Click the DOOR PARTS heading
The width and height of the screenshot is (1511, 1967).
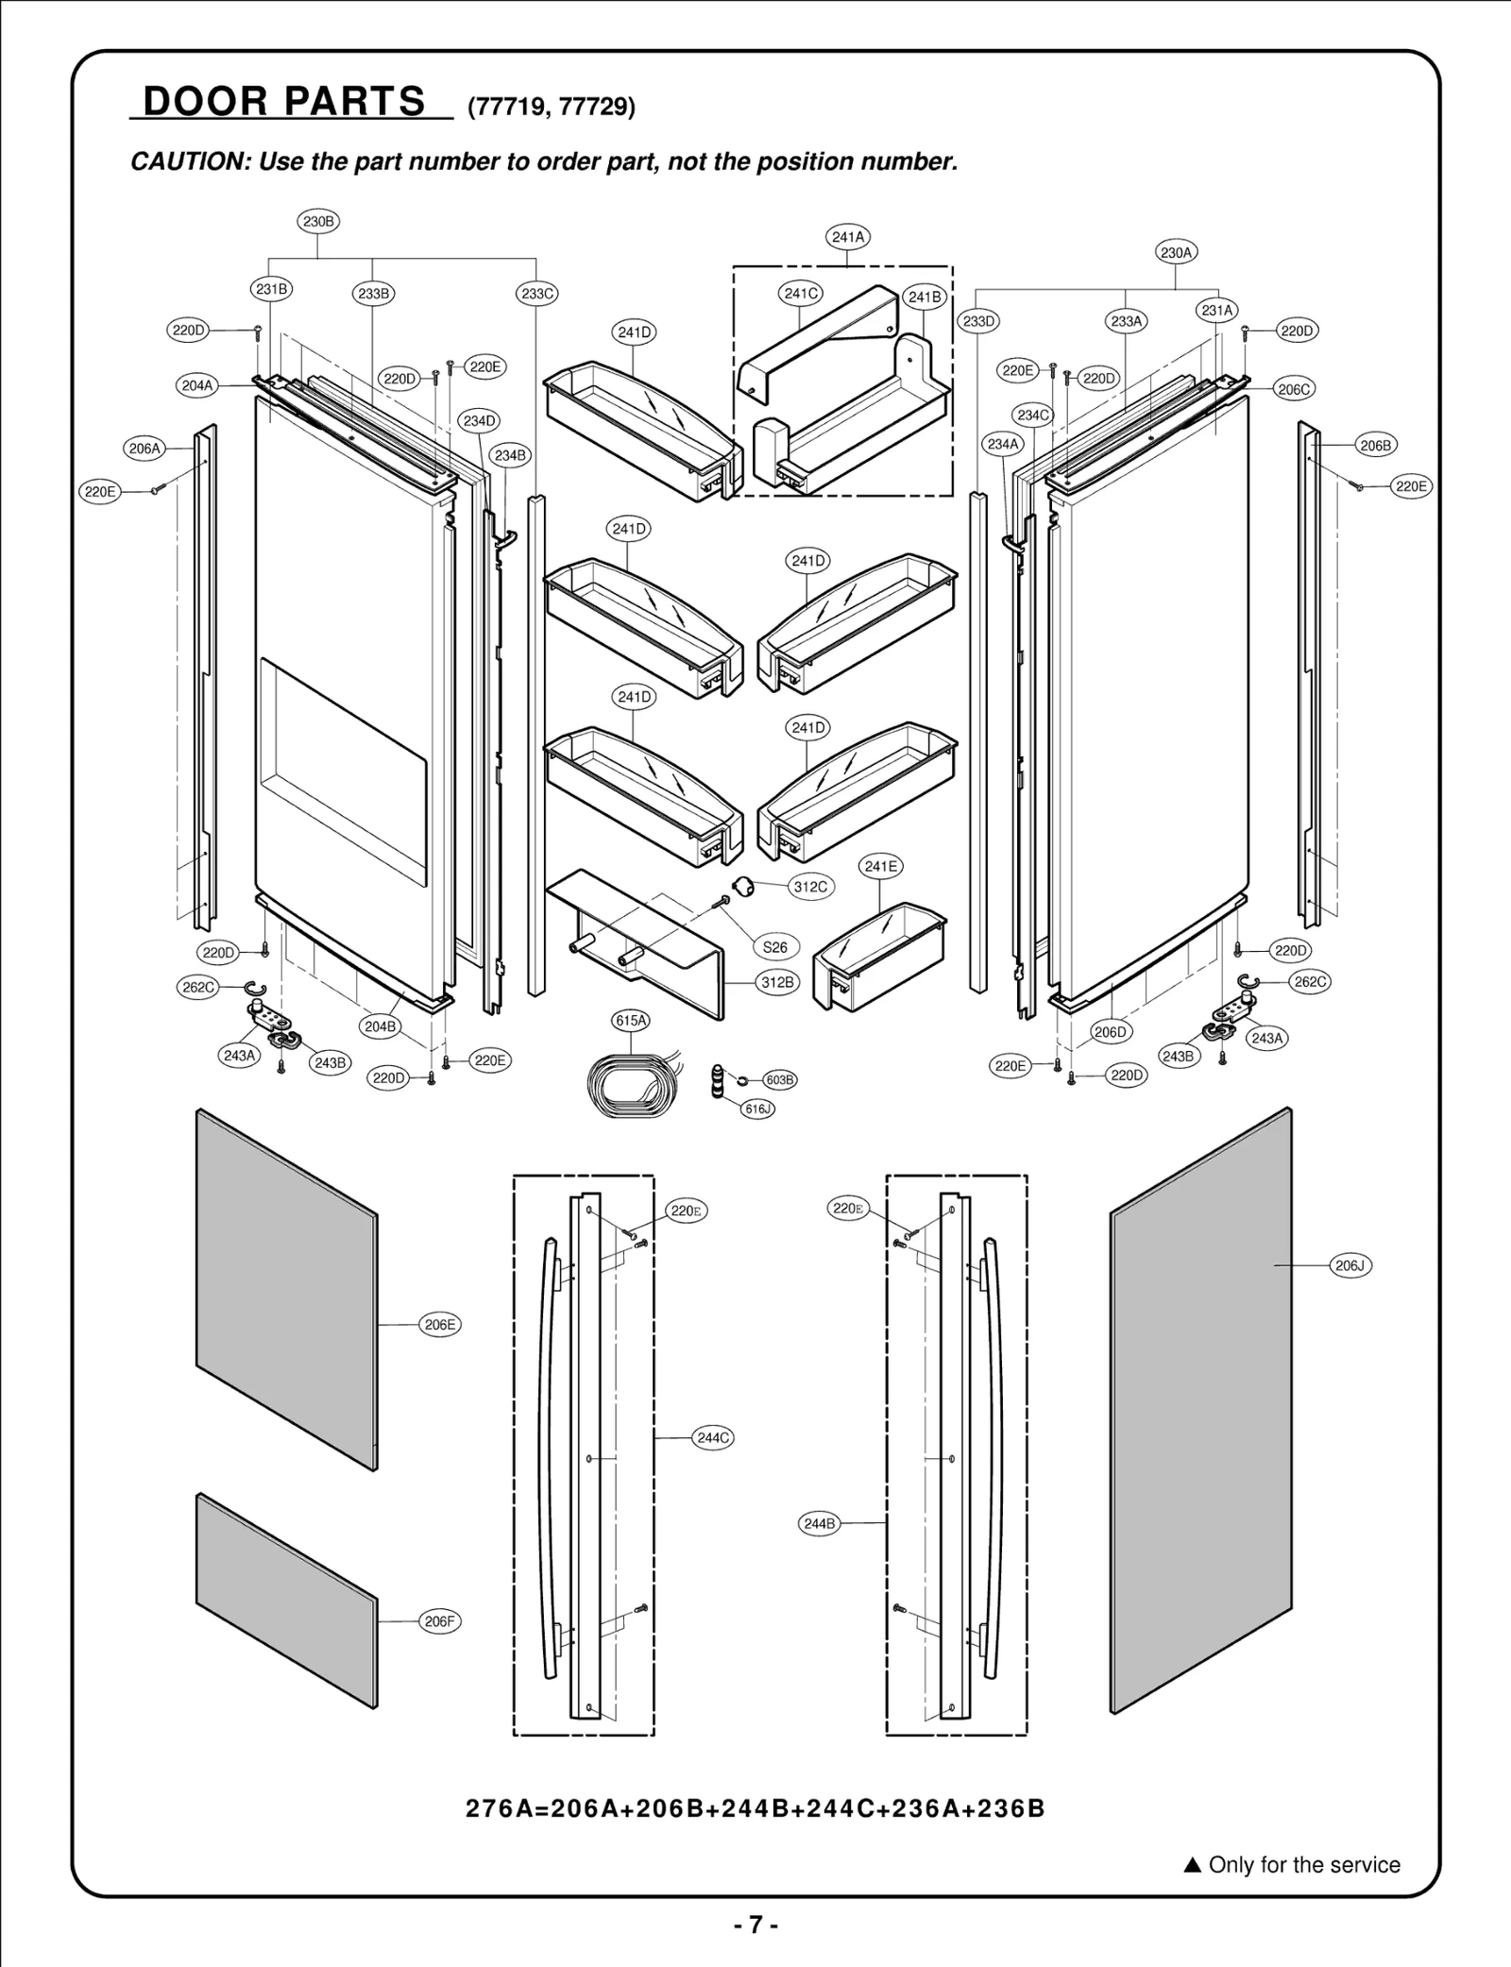(x=284, y=101)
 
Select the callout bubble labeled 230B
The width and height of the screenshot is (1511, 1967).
(x=318, y=222)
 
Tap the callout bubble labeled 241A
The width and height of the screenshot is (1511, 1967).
(x=848, y=237)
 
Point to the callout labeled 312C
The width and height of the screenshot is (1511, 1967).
(x=810, y=887)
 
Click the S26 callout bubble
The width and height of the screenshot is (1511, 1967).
(x=774, y=947)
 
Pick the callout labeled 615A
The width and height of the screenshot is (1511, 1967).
(x=631, y=1021)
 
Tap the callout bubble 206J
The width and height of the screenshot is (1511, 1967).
(x=1350, y=1265)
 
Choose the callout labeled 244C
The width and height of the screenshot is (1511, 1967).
(x=713, y=1438)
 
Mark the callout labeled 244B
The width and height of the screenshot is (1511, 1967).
(x=819, y=1523)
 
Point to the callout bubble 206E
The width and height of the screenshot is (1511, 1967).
(x=440, y=1325)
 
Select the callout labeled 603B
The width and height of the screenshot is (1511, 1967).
(x=780, y=1080)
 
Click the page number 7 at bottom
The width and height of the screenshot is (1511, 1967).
(x=755, y=1925)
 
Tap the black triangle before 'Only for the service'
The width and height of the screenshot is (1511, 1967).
(x=1192, y=1866)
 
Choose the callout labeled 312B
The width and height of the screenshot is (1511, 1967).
(x=778, y=982)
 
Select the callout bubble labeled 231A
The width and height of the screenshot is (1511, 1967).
(x=1217, y=310)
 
